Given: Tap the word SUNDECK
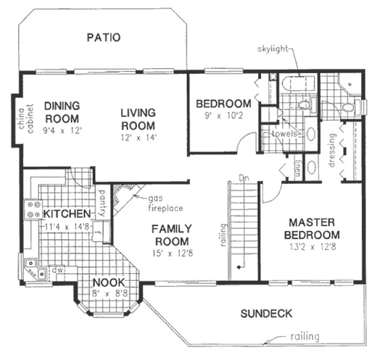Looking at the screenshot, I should coord(266,313).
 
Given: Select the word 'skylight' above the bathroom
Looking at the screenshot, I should coord(273,50).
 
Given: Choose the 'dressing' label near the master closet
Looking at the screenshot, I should coord(332,149).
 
